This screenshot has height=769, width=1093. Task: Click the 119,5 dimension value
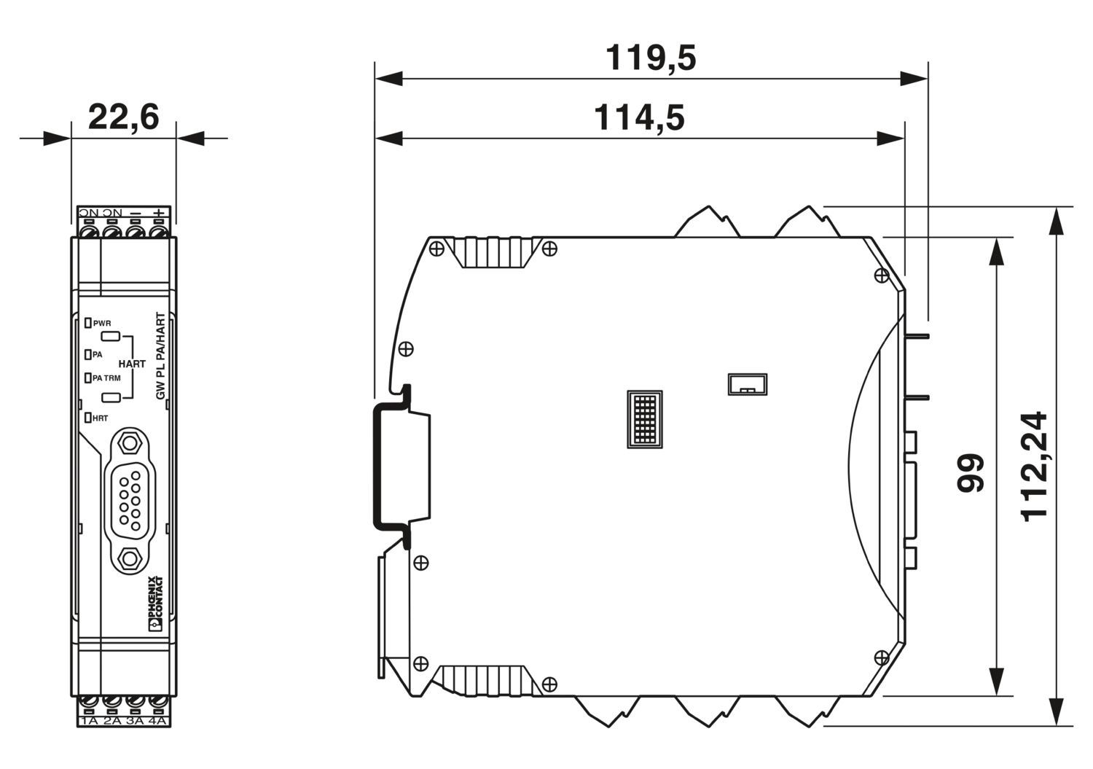point(651,58)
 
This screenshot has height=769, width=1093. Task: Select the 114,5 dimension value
point(639,118)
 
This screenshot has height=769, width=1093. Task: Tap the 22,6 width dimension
point(123,117)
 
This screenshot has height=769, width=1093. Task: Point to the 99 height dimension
point(970,472)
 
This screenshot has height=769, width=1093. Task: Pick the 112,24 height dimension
point(1033,467)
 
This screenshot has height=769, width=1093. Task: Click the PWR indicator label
point(102,323)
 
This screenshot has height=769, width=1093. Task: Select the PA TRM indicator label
point(106,378)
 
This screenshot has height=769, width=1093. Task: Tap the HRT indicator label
point(100,418)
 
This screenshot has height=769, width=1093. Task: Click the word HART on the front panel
point(132,364)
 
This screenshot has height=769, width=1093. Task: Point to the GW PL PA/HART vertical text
point(161,356)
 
